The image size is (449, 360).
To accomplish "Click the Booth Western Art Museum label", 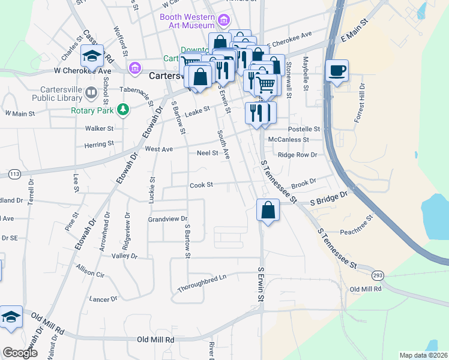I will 187,21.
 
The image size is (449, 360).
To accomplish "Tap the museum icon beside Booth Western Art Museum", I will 224,21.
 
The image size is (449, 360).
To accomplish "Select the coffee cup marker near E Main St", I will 337,71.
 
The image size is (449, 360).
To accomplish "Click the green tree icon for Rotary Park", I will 122,109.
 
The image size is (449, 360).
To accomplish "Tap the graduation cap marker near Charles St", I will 92,56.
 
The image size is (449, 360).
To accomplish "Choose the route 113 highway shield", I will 14,174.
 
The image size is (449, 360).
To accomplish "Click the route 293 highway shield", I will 377,275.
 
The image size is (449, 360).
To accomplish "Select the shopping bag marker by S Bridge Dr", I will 268,210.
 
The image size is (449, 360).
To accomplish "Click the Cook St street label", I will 202,185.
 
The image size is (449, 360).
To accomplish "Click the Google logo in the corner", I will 20,353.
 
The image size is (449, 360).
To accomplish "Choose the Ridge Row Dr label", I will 297,154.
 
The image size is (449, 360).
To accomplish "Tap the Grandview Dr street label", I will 168,220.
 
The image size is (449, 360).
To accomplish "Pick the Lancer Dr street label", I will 103,299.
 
